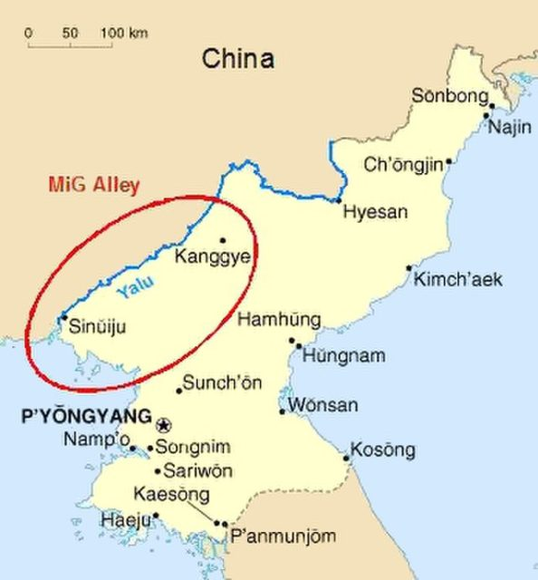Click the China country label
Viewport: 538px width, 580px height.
click(x=237, y=61)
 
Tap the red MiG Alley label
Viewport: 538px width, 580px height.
click(x=97, y=187)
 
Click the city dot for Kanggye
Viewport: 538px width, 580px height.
click(x=223, y=240)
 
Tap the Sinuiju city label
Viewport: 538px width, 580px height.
click(x=98, y=322)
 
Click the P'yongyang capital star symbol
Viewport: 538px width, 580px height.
click(x=164, y=424)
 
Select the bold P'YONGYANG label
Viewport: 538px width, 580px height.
click(x=84, y=418)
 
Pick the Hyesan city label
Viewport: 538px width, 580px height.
click(x=375, y=212)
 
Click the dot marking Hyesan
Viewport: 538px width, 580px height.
click(x=339, y=200)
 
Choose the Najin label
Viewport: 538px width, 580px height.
click(x=510, y=127)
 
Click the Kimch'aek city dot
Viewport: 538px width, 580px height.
click(x=409, y=267)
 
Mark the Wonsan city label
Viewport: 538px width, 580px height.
click(x=323, y=405)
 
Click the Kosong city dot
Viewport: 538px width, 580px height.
click(x=347, y=458)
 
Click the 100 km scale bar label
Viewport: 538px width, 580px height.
click(x=124, y=34)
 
